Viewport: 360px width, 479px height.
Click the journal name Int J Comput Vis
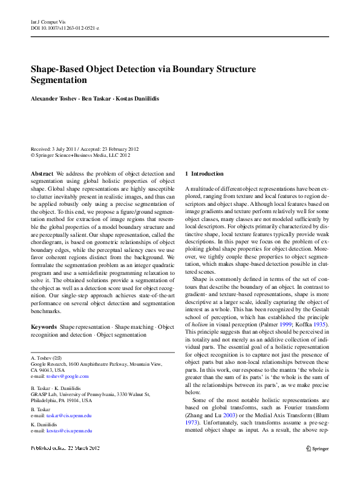(x=48, y=21)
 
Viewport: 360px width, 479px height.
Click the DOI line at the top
(x=65, y=28)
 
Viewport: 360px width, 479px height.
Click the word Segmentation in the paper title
(x=59, y=80)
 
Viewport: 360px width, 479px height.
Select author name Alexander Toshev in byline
(x=55, y=98)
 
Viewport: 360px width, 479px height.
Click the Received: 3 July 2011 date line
(x=85, y=149)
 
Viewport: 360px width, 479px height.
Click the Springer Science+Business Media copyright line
(x=80, y=155)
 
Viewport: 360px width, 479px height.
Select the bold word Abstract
(x=42, y=173)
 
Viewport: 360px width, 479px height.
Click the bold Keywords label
(x=44, y=327)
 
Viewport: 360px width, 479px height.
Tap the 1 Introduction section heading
(x=204, y=173)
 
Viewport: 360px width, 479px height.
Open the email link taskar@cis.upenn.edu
(x=70, y=415)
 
